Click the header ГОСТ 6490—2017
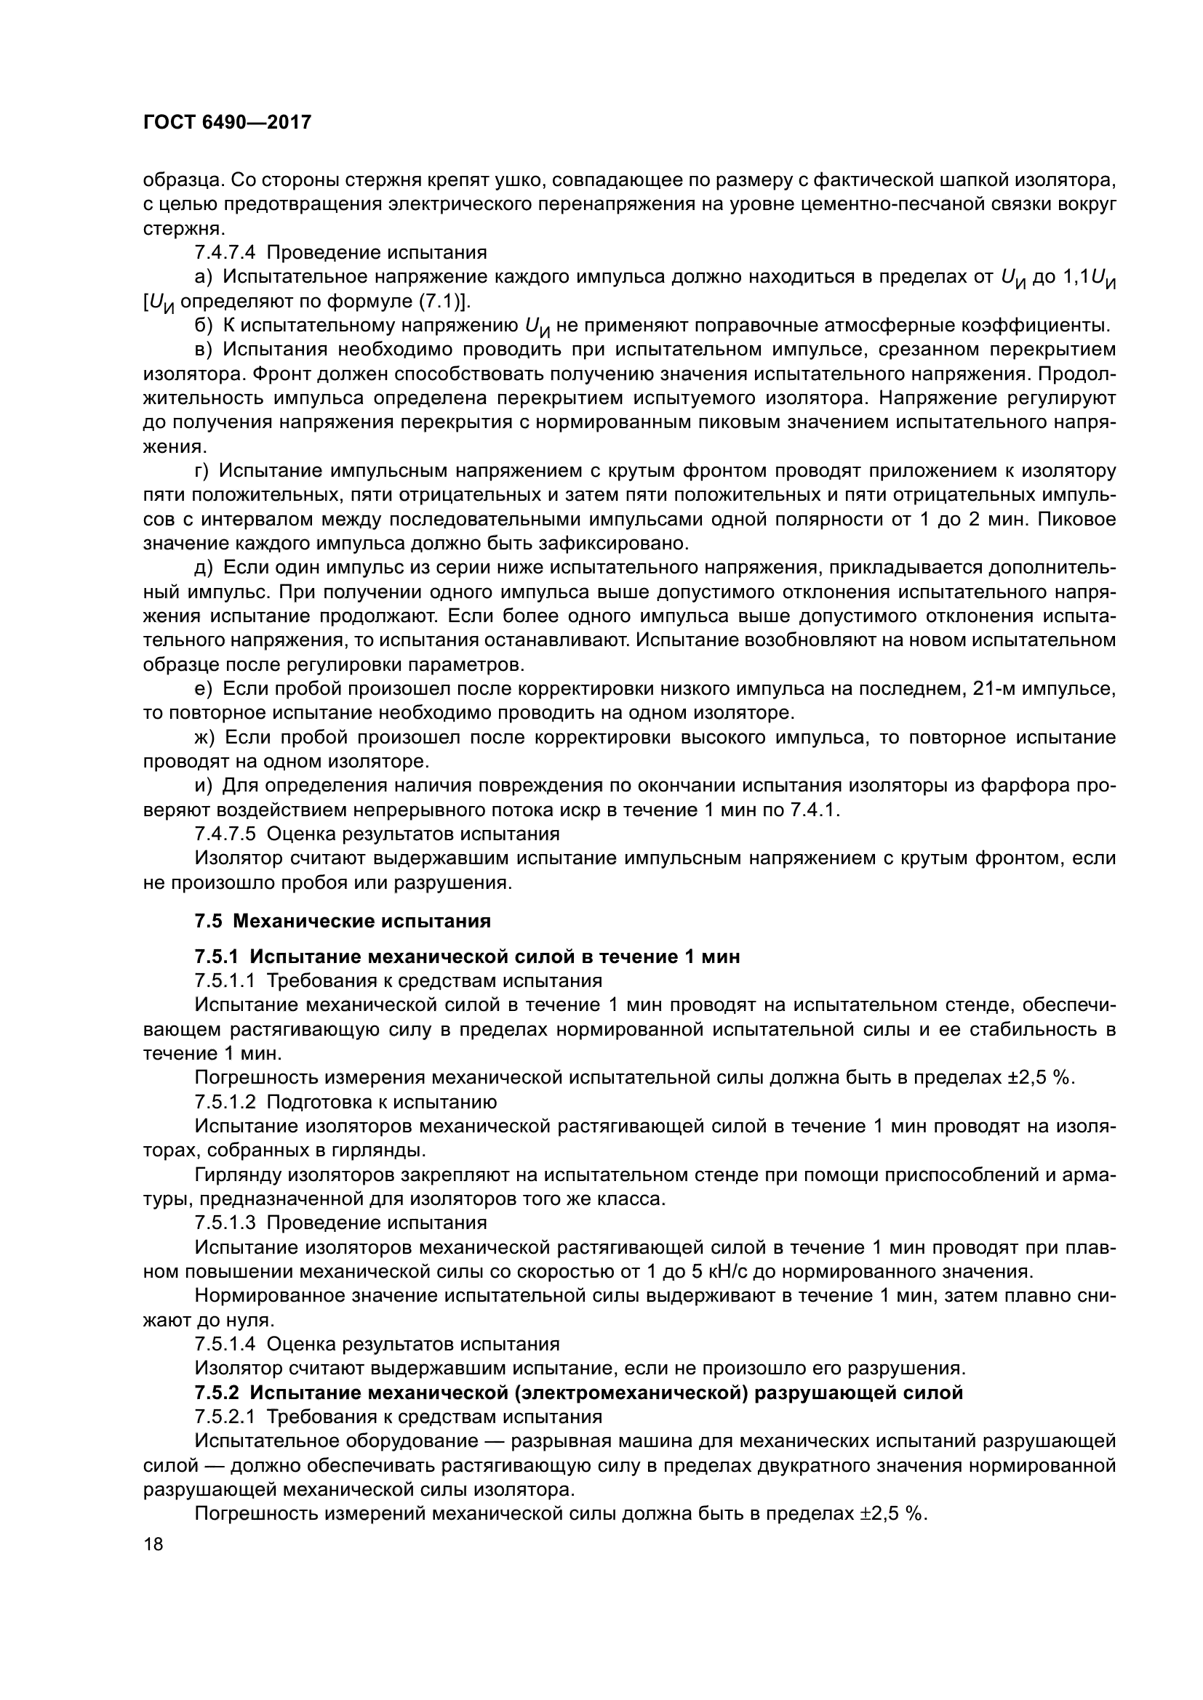coord(227,123)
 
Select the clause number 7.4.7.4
coord(225,252)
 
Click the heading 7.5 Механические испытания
coord(343,921)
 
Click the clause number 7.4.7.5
coord(225,834)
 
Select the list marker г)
coord(202,471)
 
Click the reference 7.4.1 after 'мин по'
coord(814,810)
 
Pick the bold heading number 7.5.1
coord(217,956)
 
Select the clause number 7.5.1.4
coord(225,1344)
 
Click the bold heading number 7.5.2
coord(217,1393)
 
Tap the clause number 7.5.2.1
coord(225,1417)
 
